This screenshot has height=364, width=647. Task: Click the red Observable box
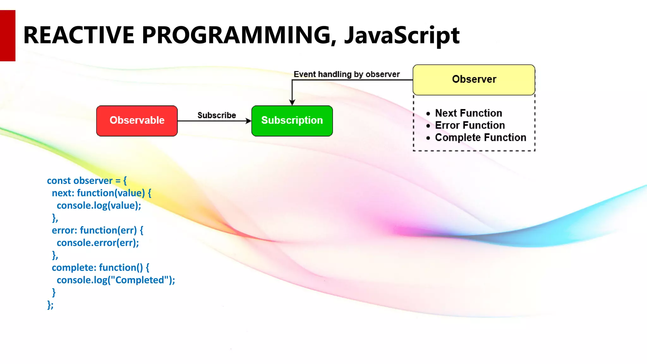pyautogui.click(x=137, y=121)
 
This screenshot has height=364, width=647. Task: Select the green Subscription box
pyautogui.click(x=292, y=121)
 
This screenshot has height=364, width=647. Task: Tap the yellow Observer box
pyautogui.click(x=474, y=80)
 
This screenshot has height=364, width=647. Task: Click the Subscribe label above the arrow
pyautogui.click(x=217, y=115)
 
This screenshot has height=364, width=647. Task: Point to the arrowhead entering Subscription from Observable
pyautogui.click(x=249, y=121)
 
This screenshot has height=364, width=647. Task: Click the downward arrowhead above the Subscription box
pyautogui.click(x=292, y=102)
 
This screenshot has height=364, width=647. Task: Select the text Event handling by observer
pyautogui.click(x=347, y=74)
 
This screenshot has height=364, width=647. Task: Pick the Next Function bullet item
pyautogui.click(x=468, y=113)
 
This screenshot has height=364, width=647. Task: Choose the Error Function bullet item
pyautogui.click(x=470, y=125)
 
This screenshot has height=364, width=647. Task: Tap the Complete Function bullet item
pyautogui.click(x=480, y=137)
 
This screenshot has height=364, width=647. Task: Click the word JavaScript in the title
pyautogui.click(x=402, y=35)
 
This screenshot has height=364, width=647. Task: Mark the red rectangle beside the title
pyautogui.click(x=8, y=35)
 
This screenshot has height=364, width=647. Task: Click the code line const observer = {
pyautogui.click(x=87, y=181)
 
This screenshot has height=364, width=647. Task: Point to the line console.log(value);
pyautogui.click(x=99, y=206)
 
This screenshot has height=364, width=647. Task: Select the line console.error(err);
pyautogui.click(x=98, y=243)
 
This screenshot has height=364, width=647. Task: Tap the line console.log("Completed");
pyautogui.click(x=116, y=280)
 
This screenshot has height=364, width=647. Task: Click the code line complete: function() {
pyautogui.click(x=100, y=268)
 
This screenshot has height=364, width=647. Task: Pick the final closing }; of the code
pyautogui.click(x=50, y=305)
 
